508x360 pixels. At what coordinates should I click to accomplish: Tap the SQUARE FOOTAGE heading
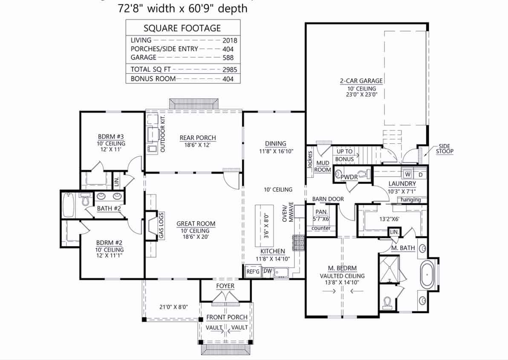point(182,29)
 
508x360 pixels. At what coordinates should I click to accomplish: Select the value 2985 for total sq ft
point(229,69)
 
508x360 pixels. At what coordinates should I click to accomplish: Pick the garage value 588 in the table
point(228,58)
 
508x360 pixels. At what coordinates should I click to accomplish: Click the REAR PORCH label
point(197,138)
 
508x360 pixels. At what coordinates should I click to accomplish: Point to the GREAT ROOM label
point(196,224)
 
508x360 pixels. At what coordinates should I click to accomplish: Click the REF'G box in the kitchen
point(253,271)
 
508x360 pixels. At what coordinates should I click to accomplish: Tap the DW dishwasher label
point(267,271)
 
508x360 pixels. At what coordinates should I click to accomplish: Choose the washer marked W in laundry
point(407,174)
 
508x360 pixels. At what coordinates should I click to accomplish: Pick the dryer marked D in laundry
point(420,174)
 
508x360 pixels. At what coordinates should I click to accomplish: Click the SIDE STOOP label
point(444,148)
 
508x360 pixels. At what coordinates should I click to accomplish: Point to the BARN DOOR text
point(328,199)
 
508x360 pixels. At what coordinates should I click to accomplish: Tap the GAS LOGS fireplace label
point(161,226)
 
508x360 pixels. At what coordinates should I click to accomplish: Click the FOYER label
point(225,286)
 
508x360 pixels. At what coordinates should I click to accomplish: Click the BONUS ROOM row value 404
point(228,79)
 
